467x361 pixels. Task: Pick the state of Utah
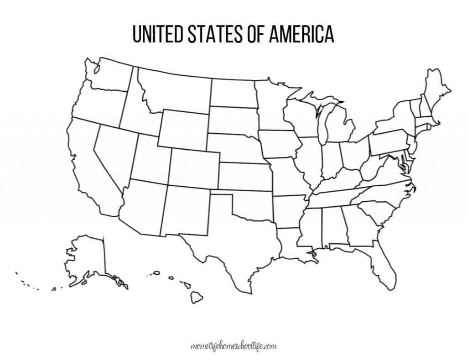pos(150,157)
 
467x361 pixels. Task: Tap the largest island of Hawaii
pos(197,298)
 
